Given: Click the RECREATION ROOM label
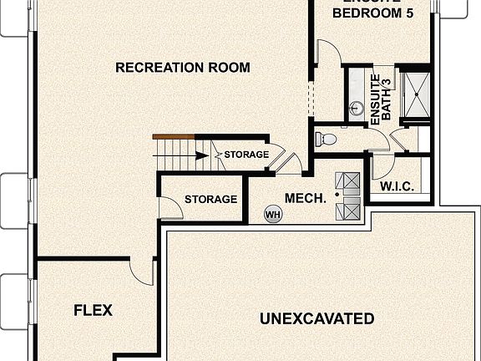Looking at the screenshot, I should click(182, 68).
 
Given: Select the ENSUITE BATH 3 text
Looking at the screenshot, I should click(381, 101).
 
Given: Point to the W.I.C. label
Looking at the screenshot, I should click(397, 186).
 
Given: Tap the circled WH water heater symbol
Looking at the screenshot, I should click(272, 215).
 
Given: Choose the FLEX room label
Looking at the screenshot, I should click(93, 310).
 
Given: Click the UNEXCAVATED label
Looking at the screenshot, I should click(316, 318).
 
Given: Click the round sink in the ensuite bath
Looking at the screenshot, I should click(356, 108).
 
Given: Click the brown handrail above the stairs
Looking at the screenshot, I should click(173, 137).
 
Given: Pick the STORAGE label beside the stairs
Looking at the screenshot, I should click(246, 155).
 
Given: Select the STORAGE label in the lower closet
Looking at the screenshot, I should click(210, 200).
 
